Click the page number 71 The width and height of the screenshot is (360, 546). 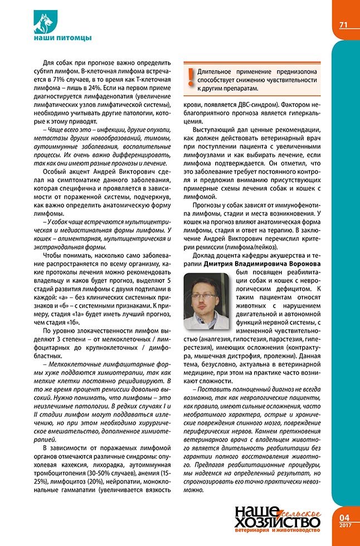[343, 25]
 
